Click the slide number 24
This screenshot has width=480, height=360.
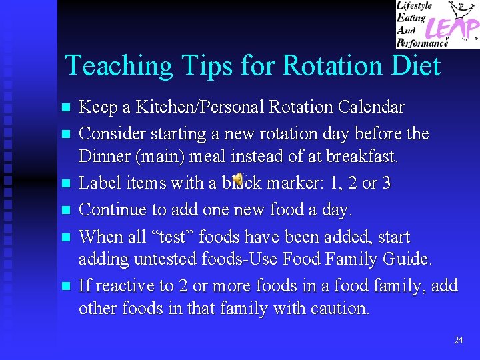(x=458, y=340)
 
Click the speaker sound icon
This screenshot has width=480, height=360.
(x=238, y=179)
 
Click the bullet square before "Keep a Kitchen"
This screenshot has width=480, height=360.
(x=65, y=107)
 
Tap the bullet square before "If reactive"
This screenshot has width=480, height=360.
(x=65, y=287)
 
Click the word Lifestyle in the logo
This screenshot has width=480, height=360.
(x=417, y=5)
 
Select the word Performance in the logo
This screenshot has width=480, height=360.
(x=424, y=43)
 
